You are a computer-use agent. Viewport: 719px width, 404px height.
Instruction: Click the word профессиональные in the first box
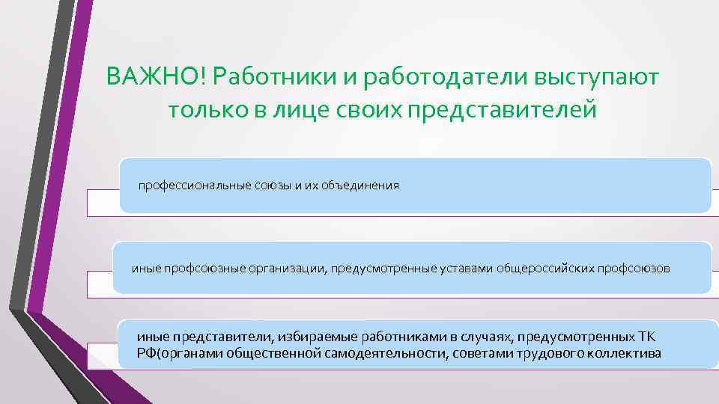pos(186,186)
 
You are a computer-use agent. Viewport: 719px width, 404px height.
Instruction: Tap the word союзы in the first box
pos(266,186)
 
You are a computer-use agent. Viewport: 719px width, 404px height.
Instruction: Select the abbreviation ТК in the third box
pos(646,337)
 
